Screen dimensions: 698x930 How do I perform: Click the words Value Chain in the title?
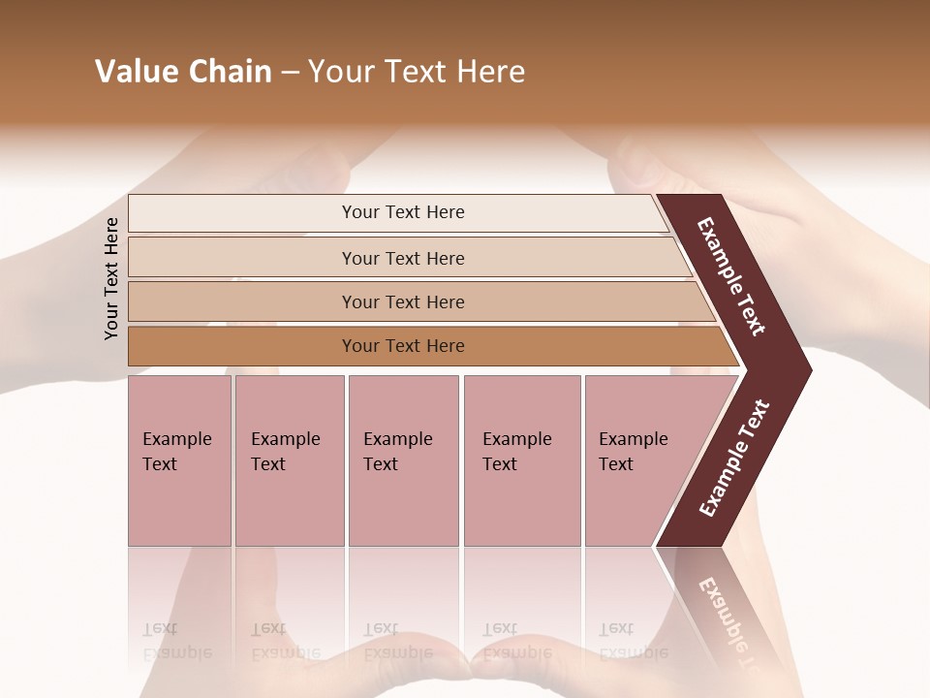pyautogui.click(x=183, y=72)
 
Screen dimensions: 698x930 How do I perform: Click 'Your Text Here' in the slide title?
pyautogui.click(x=417, y=72)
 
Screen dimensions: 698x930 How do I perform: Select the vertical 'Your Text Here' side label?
pyautogui.click(x=111, y=279)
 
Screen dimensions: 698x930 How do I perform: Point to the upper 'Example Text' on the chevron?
pyautogui.click(x=731, y=276)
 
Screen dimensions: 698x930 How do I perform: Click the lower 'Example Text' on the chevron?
pyautogui.click(x=734, y=459)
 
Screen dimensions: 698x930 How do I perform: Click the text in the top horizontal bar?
pyautogui.click(x=403, y=212)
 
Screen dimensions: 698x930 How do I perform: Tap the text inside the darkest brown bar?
pyautogui.click(x=403, y=346)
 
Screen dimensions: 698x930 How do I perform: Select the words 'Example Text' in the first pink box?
pyautogui.click(x=176, y=452)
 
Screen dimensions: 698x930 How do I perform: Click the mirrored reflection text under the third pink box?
pyautogui.click(x=397, y=642)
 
